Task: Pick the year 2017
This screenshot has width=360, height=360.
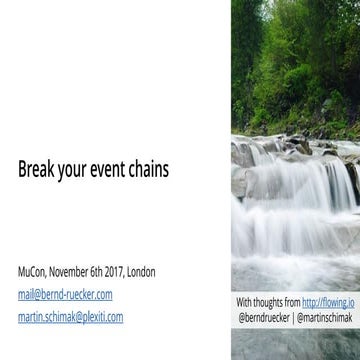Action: click(x=124, y=272)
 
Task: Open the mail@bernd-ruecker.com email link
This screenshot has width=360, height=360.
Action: click(x=65, y=295)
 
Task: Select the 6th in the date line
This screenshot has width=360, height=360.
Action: click(x=106, y=272)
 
